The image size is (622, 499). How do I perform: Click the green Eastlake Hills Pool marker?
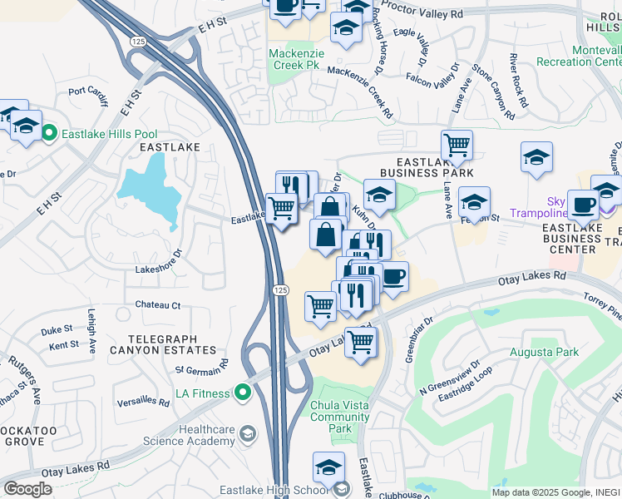[49, 133]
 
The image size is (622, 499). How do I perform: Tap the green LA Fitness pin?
[243, 391]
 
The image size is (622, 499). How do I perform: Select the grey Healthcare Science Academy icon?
[247, 434]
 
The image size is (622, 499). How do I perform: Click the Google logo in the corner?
[27, 489]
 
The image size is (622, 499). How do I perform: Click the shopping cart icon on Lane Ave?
[457, 146]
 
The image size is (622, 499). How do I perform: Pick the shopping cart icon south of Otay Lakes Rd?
[361, 340]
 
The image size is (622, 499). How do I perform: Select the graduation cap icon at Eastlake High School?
[329, 467]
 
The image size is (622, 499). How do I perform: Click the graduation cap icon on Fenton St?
[474, 201]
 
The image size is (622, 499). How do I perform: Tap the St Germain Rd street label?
[201, 360]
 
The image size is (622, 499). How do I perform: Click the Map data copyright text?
[551, 492]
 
